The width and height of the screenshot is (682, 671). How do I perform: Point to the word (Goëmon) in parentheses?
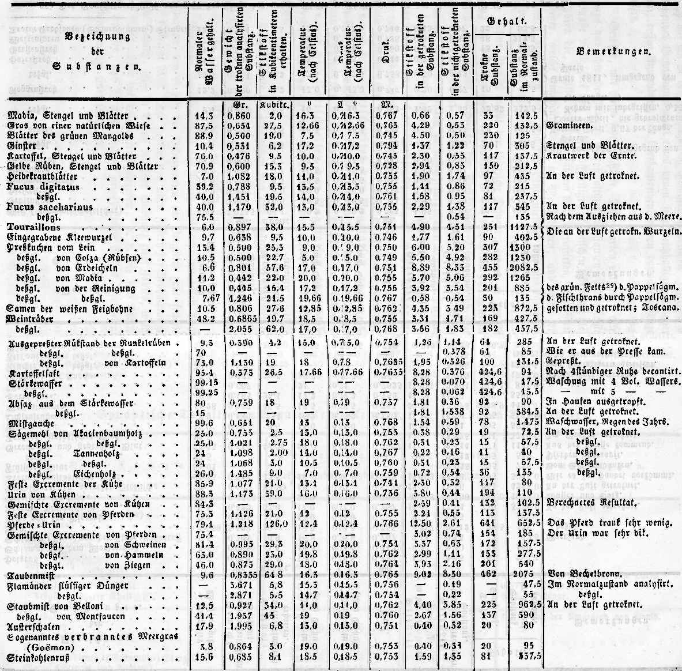57,647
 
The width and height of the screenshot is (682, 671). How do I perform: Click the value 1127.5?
523,227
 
